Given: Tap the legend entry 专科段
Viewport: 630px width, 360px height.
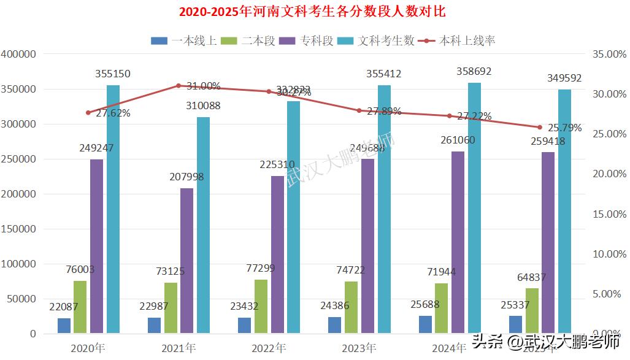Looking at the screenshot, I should coord(307,40).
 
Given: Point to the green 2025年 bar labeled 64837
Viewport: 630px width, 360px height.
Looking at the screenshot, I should coord(532,311).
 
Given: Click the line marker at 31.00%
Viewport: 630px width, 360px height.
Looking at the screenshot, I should coord(179,86).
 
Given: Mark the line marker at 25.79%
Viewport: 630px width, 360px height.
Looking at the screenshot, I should coord(540,128).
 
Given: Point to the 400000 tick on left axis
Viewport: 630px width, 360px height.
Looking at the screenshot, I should coord(19,54).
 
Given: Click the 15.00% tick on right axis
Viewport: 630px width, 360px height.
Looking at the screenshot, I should coord(610,214).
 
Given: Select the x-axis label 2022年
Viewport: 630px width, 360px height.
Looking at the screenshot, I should coord(268,348).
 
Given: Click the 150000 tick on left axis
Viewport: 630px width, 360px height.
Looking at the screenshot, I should coord(19,229).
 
